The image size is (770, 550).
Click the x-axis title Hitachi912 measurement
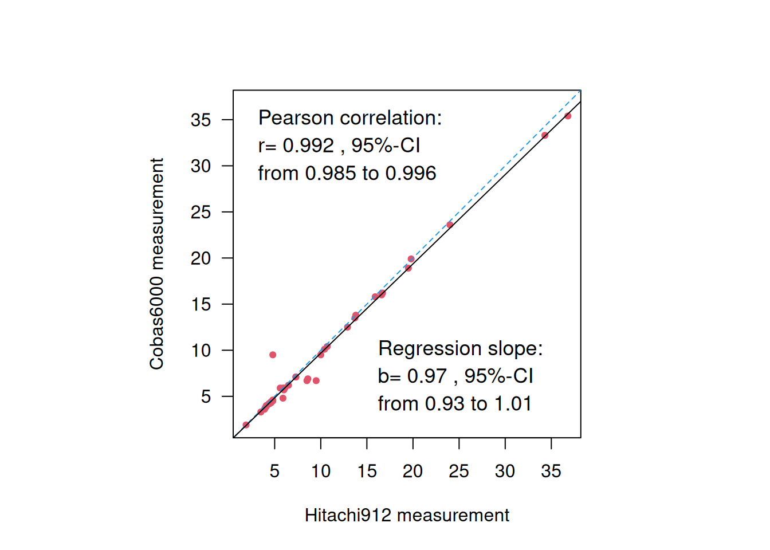[407, 515]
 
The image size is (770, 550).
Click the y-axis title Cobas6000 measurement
[157, 264]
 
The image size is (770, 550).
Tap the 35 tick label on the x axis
[551, 471]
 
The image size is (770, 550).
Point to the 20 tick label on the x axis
[412, 471]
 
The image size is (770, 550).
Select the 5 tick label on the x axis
[274, 471]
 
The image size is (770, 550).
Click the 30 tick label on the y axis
[201, 166]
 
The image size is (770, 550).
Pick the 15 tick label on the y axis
[201, 304]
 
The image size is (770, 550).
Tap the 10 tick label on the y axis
[201, 350]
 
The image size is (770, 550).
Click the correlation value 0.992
[308, 146]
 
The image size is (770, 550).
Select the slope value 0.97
[427, 376]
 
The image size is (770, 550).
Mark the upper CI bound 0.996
[410, 173]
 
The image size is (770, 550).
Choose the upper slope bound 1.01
[513, 403]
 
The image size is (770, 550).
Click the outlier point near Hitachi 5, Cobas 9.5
[273, 355]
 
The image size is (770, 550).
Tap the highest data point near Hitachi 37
[568, 116]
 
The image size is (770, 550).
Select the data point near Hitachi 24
[450, 225]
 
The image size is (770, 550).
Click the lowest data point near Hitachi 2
[246, 425]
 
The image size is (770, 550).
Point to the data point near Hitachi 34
[545, 135]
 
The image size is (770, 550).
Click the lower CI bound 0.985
[330, 173]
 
